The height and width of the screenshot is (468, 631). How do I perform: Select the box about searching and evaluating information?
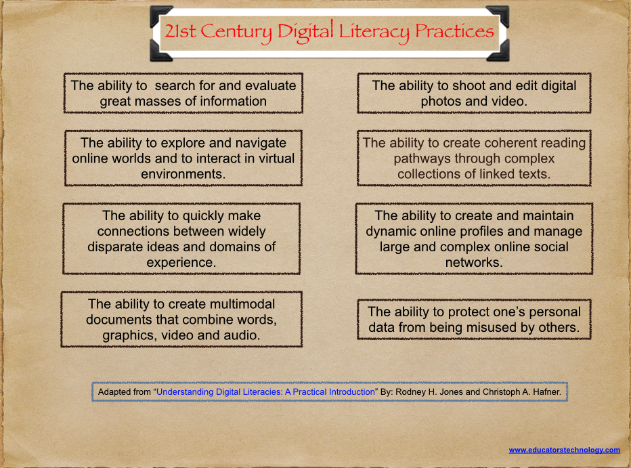click(183, 93)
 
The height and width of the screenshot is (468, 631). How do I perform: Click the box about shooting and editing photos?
click(474, 93)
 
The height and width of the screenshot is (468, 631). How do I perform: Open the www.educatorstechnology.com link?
click(564, 450)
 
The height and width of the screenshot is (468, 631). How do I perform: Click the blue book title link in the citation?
click(266, 392)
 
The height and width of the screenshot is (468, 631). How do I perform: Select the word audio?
click(244, 335)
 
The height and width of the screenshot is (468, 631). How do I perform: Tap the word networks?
click(473, 262)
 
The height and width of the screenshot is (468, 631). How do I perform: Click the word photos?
click(445, 102)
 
